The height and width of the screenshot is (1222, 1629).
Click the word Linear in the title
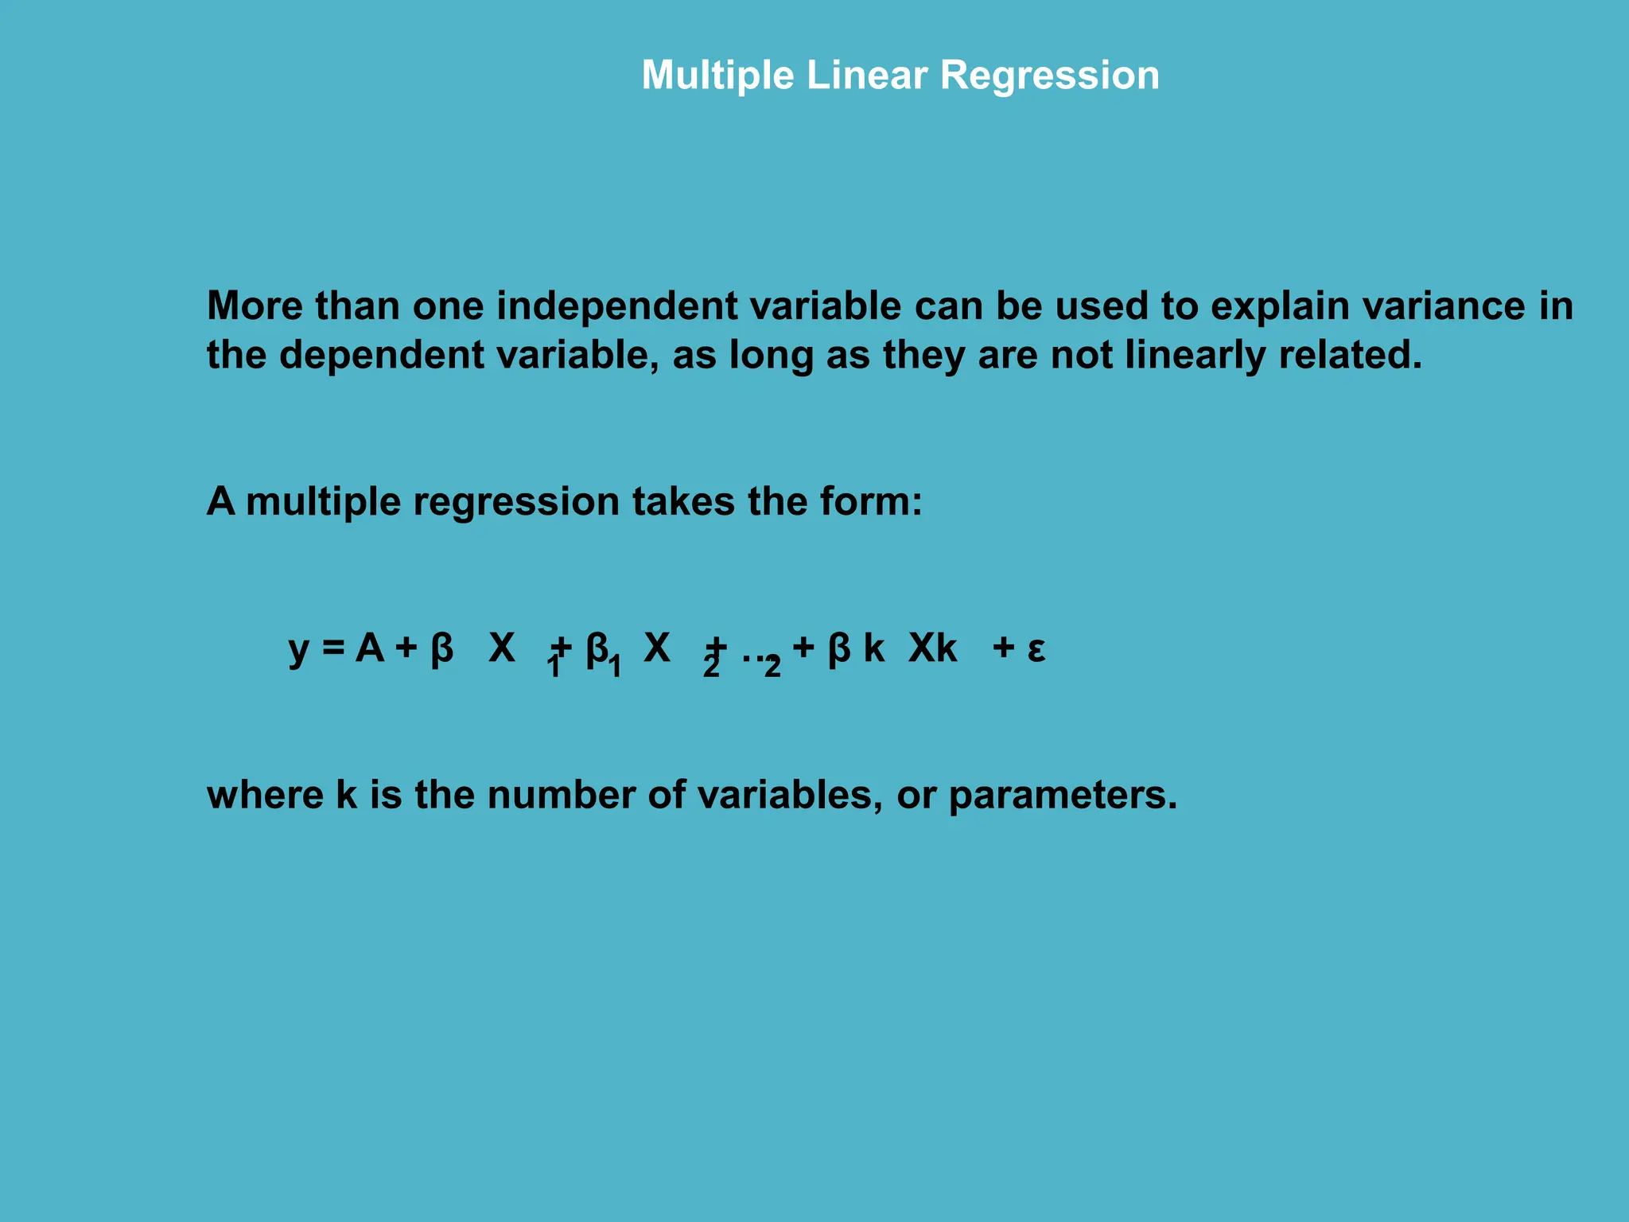pyautogui.click(x=867, y=76)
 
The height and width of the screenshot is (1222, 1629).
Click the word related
pyautogui.click(x=1350, y=355)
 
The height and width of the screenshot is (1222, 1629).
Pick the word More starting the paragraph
pyautogui.click(x=254, y=307)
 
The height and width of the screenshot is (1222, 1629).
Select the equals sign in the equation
pyautogui.click(x=333, y=648)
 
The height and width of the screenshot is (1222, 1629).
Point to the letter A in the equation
pyautogui.click(x=370, y=648)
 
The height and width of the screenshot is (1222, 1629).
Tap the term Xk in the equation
pyautogui.click(x=933, y=648)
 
